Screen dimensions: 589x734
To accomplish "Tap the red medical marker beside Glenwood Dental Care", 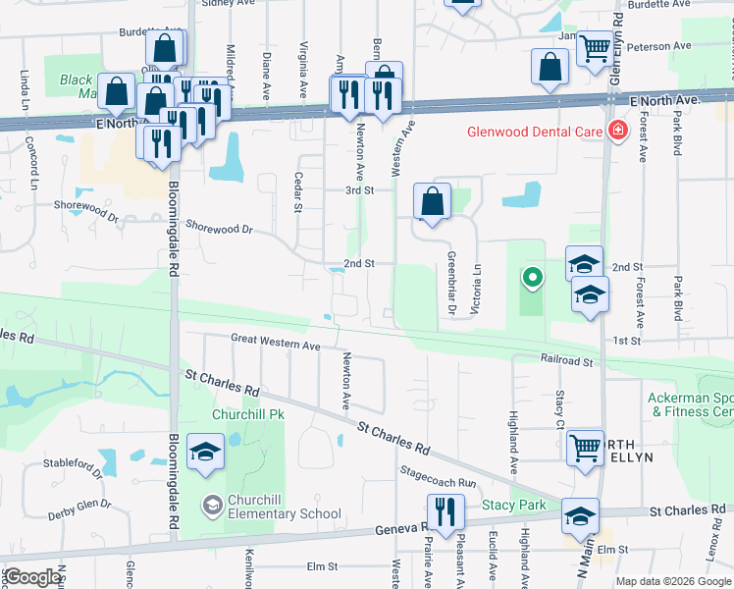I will (618, 131).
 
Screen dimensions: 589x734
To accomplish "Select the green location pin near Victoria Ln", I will (532, 279).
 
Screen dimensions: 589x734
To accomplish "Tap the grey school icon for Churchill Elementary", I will (211, 506).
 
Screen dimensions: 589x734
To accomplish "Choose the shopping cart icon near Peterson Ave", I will (594, 47).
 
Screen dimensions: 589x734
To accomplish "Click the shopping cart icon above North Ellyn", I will (585, 448).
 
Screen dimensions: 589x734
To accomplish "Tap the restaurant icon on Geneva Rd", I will (446, 512).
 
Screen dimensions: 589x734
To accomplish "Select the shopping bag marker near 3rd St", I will (432, 202).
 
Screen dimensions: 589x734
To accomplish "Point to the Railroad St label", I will (567, 361).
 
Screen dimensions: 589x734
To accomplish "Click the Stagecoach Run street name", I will (438, 478).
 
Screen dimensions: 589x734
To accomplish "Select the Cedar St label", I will (297, 192).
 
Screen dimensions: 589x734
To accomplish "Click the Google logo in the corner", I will (31, 577).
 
